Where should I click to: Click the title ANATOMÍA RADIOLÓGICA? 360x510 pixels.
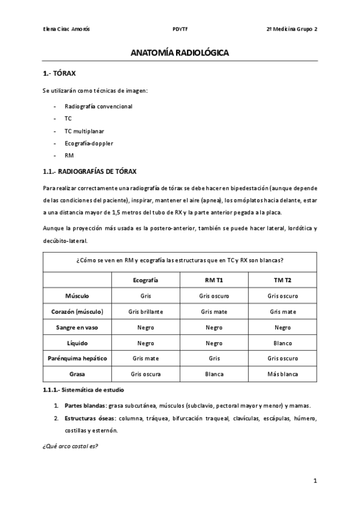180,54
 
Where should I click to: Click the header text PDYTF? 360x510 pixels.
180,28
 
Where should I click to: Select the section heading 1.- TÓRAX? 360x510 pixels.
59,74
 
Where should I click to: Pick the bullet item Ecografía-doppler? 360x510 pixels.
88,143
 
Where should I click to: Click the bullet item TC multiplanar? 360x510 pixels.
85,131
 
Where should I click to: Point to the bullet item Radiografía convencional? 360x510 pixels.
98,106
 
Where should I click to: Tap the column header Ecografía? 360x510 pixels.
145,280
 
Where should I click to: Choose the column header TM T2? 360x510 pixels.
282,280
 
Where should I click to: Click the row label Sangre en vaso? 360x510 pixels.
78,327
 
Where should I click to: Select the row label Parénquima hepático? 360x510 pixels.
78,358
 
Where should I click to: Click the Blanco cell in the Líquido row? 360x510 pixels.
282,343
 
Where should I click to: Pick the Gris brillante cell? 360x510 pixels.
145,312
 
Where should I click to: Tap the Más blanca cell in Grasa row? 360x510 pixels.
282,373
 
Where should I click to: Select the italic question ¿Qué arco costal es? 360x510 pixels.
71,446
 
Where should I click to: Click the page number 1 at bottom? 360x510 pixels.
315,482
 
